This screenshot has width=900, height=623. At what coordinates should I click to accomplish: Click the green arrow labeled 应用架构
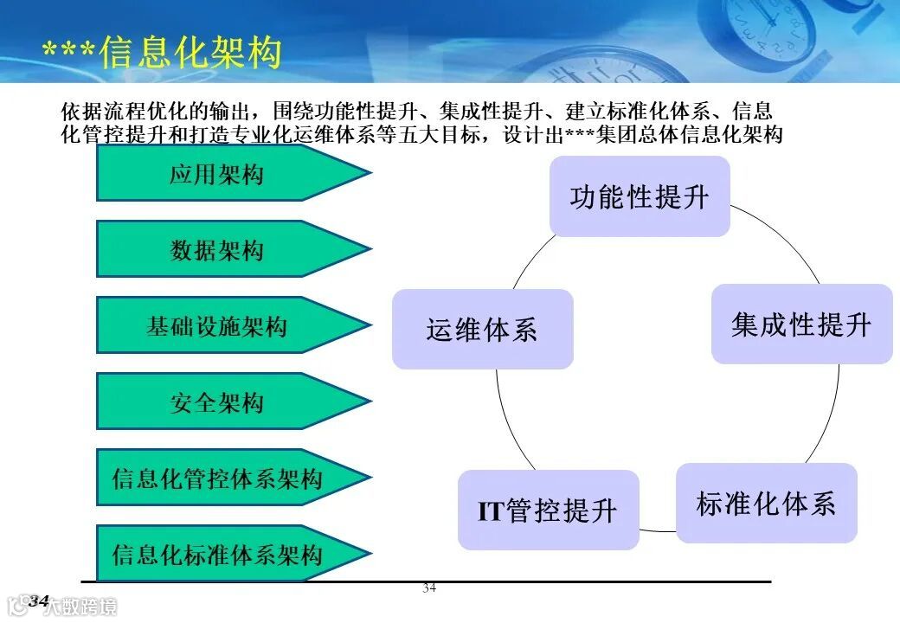216,174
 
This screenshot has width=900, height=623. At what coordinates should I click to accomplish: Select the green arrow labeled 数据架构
216,250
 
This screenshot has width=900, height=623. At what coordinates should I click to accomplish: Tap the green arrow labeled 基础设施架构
216,326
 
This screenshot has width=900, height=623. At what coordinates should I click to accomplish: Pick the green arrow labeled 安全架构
216,402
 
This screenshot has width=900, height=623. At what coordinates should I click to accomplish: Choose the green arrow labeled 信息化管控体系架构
216,478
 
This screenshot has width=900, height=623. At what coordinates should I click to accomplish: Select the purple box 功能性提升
640,196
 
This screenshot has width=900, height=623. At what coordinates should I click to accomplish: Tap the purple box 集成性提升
801,324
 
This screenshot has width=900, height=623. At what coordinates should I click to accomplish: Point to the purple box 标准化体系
766,504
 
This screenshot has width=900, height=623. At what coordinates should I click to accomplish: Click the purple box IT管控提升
548,511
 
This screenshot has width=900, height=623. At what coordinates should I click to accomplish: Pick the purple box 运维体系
482,330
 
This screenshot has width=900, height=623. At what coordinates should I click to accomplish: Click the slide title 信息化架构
190,53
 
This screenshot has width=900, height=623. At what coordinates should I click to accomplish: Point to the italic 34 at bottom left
39,601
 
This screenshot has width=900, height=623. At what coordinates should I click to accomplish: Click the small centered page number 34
429,589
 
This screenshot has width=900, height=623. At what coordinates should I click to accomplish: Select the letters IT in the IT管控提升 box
491,511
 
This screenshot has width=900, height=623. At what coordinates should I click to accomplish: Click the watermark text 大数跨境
81,607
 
